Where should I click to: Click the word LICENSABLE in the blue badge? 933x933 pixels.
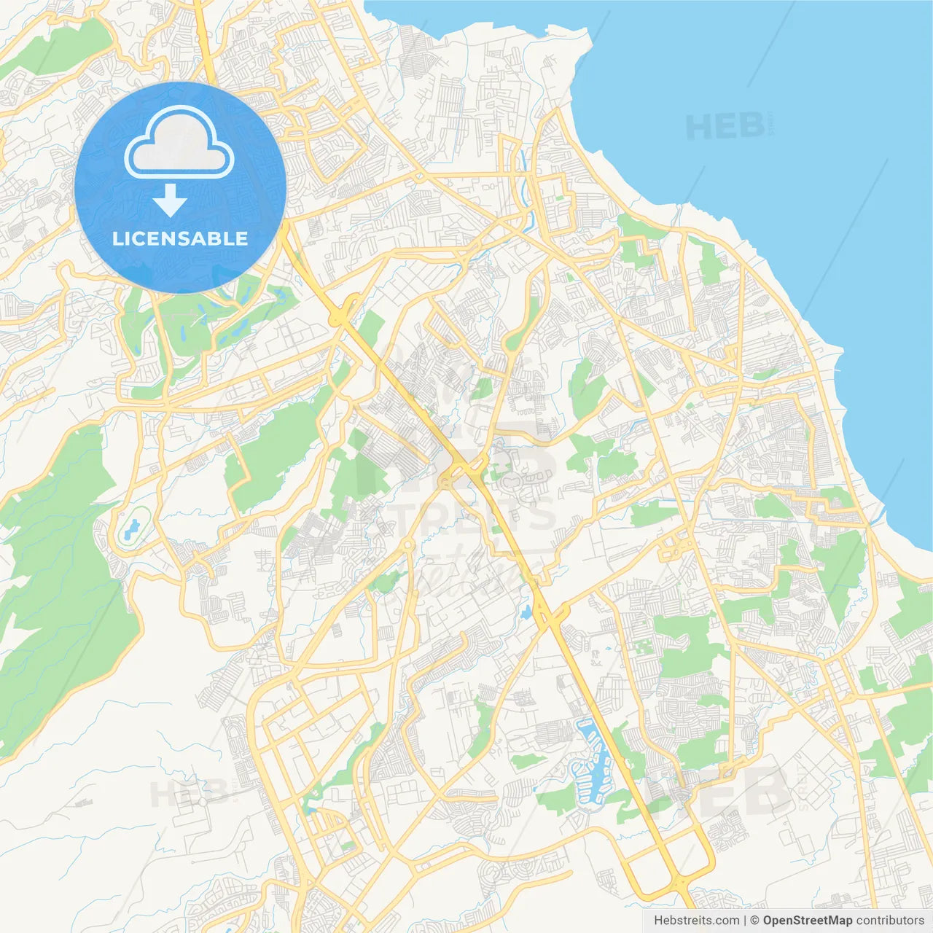180,238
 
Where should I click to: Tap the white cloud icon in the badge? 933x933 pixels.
179,143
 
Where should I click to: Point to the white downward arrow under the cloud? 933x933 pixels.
170,200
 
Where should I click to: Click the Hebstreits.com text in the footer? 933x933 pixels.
696,921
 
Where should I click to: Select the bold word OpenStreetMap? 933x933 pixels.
807,921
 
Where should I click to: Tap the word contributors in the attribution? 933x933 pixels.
890,921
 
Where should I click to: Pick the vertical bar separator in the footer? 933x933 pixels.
745,921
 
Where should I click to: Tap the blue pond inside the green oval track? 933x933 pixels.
131,528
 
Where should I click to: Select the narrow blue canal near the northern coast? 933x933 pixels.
523,175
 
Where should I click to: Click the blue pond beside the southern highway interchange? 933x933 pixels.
526,613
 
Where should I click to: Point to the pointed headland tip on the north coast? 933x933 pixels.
587,36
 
